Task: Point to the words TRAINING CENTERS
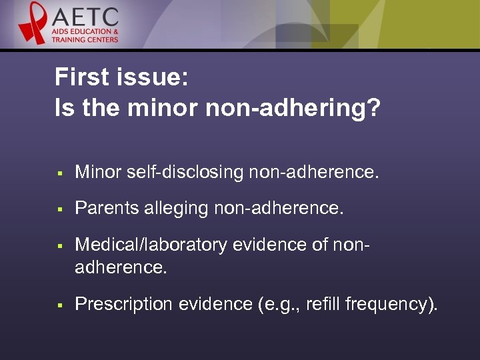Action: [85, 39]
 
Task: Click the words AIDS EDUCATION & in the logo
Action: [87, 31]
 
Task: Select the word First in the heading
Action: [80, 78]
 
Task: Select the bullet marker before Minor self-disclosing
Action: [59, 174]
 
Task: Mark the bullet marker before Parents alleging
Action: [59, 210]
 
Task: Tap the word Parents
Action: [103, 209]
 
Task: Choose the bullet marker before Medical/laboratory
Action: [59, 247]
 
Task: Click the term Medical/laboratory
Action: [151, 245]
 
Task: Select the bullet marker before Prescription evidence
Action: [59, 305]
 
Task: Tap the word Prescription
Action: [123, 304]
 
